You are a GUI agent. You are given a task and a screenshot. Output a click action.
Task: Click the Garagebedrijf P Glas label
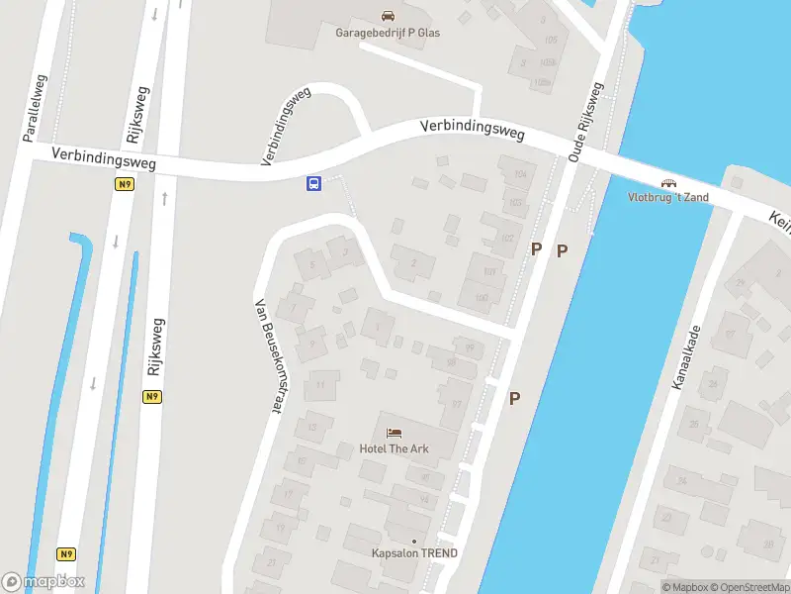(x=387, y=33)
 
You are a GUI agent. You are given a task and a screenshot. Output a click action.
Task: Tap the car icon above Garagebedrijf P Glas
(x=388, y=16)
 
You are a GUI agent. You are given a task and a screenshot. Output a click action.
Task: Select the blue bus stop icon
(x=312, y=183)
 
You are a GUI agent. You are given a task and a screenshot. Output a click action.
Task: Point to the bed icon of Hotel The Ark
(x=395, y=433)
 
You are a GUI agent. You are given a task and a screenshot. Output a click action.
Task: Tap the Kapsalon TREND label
(x=414, y=553)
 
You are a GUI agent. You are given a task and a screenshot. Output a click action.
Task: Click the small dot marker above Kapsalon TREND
(x=414, y=541)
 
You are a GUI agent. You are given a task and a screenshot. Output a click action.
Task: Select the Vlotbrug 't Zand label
(x=668, y=197)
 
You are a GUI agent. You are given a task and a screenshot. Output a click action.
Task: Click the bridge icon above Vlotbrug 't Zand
(x=669, y=182)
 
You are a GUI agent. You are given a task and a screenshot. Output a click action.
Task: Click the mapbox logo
(x=44, y=582)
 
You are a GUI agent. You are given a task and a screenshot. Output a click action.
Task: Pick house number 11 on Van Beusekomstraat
(x=320, y=384)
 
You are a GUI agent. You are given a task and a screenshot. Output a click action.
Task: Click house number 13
(x=312, y=428)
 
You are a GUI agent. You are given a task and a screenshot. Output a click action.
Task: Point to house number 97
(x=457, y=404)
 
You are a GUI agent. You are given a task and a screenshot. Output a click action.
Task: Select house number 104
(x=520, y=174)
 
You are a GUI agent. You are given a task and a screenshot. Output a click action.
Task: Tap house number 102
(x=508, y=238)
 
